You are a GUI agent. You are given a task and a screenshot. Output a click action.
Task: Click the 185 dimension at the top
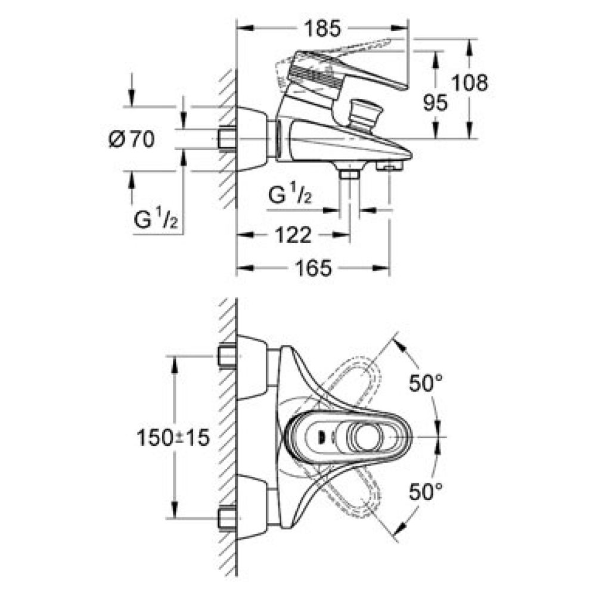tap(322, 27)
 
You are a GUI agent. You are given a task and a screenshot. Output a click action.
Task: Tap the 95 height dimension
tap(436, 103)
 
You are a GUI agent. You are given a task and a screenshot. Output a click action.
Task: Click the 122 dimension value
tap(294, 236)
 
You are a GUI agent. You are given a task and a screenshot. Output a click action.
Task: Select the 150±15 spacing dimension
tap(173, 438)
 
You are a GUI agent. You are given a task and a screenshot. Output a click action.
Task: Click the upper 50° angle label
tap(426, 384)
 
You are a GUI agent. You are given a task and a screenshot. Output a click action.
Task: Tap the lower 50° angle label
tap(426, 492)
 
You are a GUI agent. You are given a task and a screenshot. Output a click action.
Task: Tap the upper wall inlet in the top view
tap(226, 356)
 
